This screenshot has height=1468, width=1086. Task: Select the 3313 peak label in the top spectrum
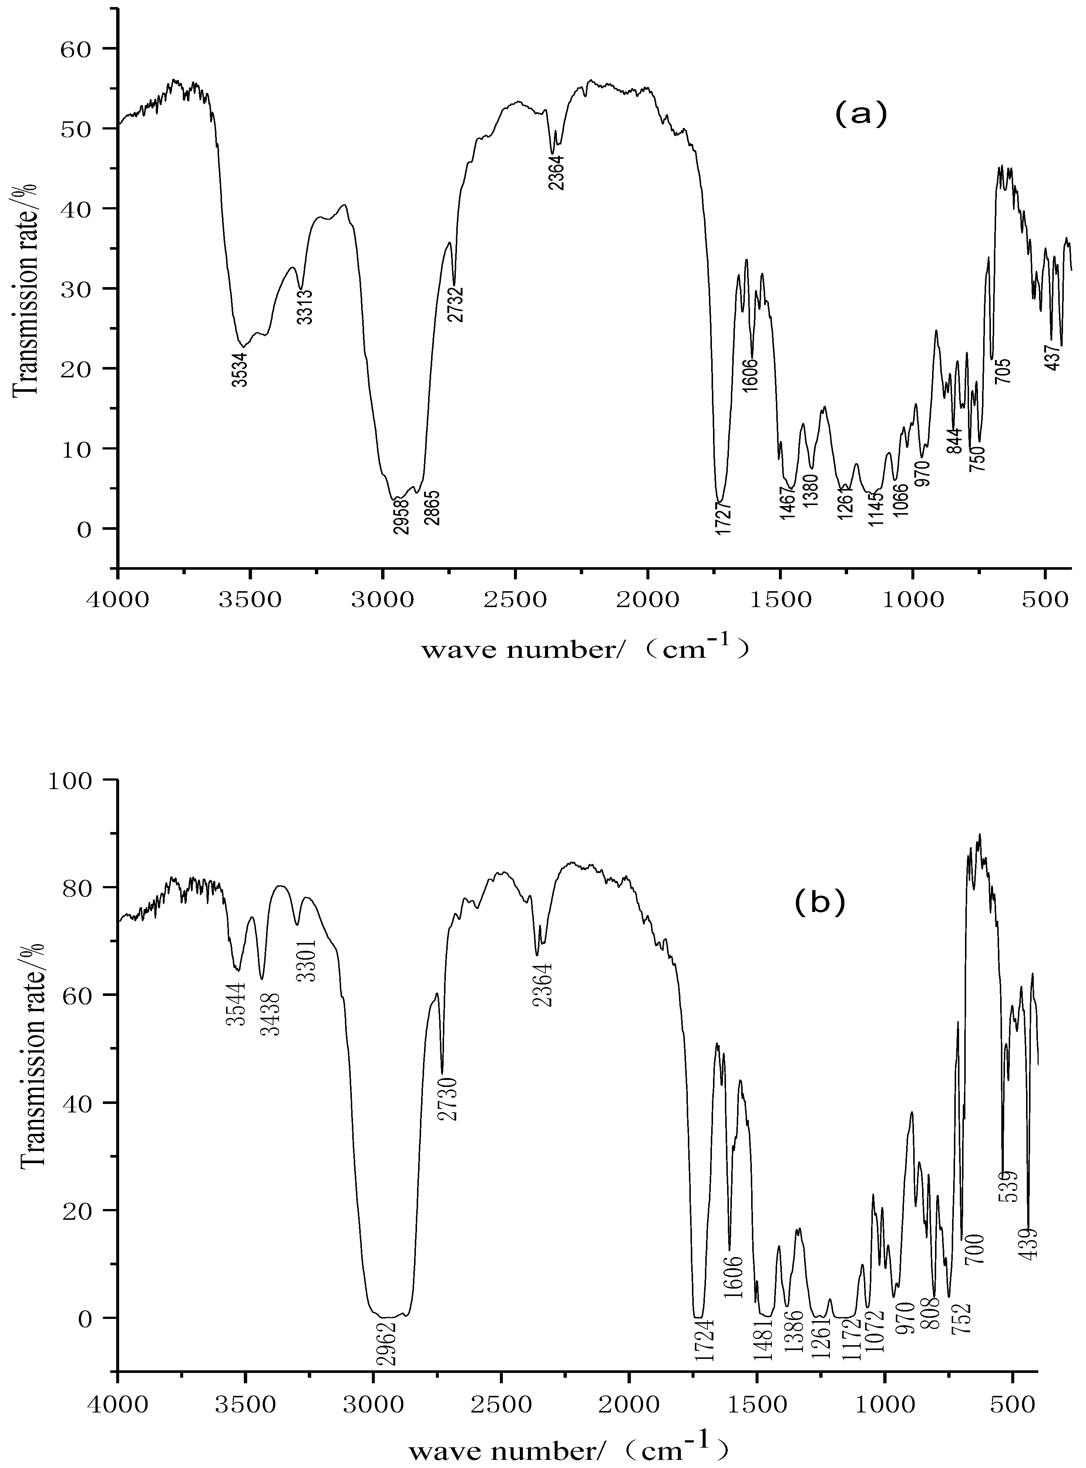point(305,307)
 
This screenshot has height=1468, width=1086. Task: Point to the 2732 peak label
point(455,304)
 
